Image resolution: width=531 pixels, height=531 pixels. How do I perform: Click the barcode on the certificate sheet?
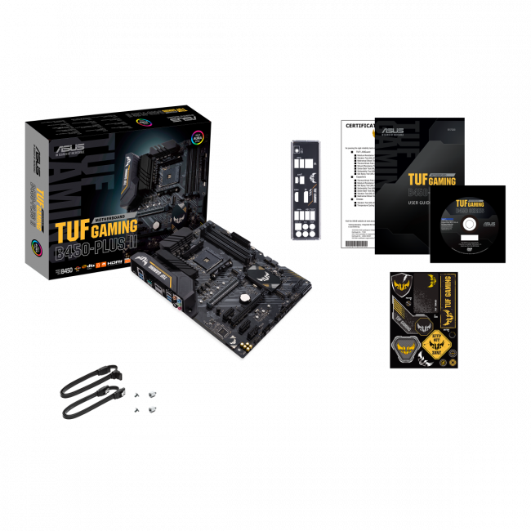[357, 234]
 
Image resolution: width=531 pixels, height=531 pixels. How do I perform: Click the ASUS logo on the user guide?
[391, 131]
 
